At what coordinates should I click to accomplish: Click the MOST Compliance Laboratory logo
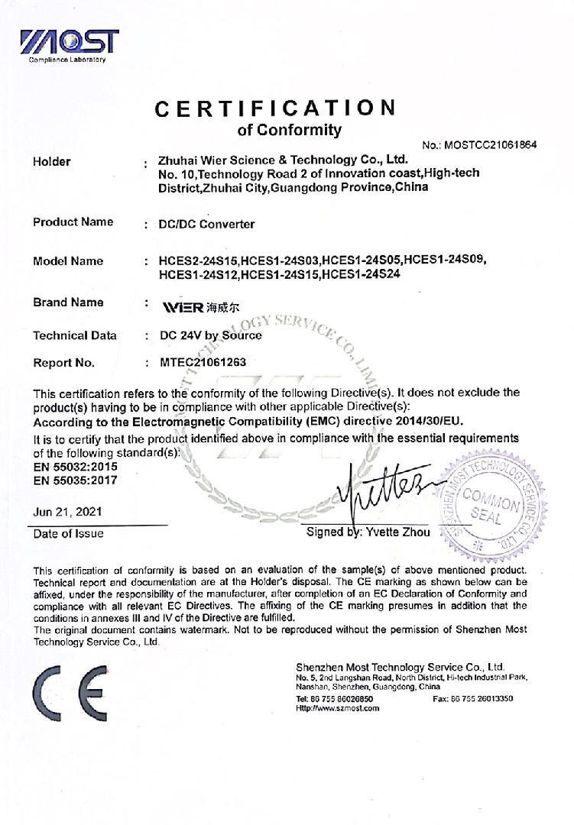[x=70, y=45]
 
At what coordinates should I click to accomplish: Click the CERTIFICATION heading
[x=276, y=108]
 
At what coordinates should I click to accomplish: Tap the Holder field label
[x=52, y=161]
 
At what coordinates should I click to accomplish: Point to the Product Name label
[x=73, y=222]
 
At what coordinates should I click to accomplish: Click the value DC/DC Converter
[x=206, y=225]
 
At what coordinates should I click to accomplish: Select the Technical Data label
[x=75, y=335]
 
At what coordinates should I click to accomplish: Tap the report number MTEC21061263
[x=203, y=362]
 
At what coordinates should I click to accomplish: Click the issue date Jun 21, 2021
[x=67, y=512]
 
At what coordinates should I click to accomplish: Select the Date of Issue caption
[x=68, y=533]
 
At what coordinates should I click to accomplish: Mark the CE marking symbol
[x=70, y=694]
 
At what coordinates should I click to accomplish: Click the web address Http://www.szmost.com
[x=337, y=709]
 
